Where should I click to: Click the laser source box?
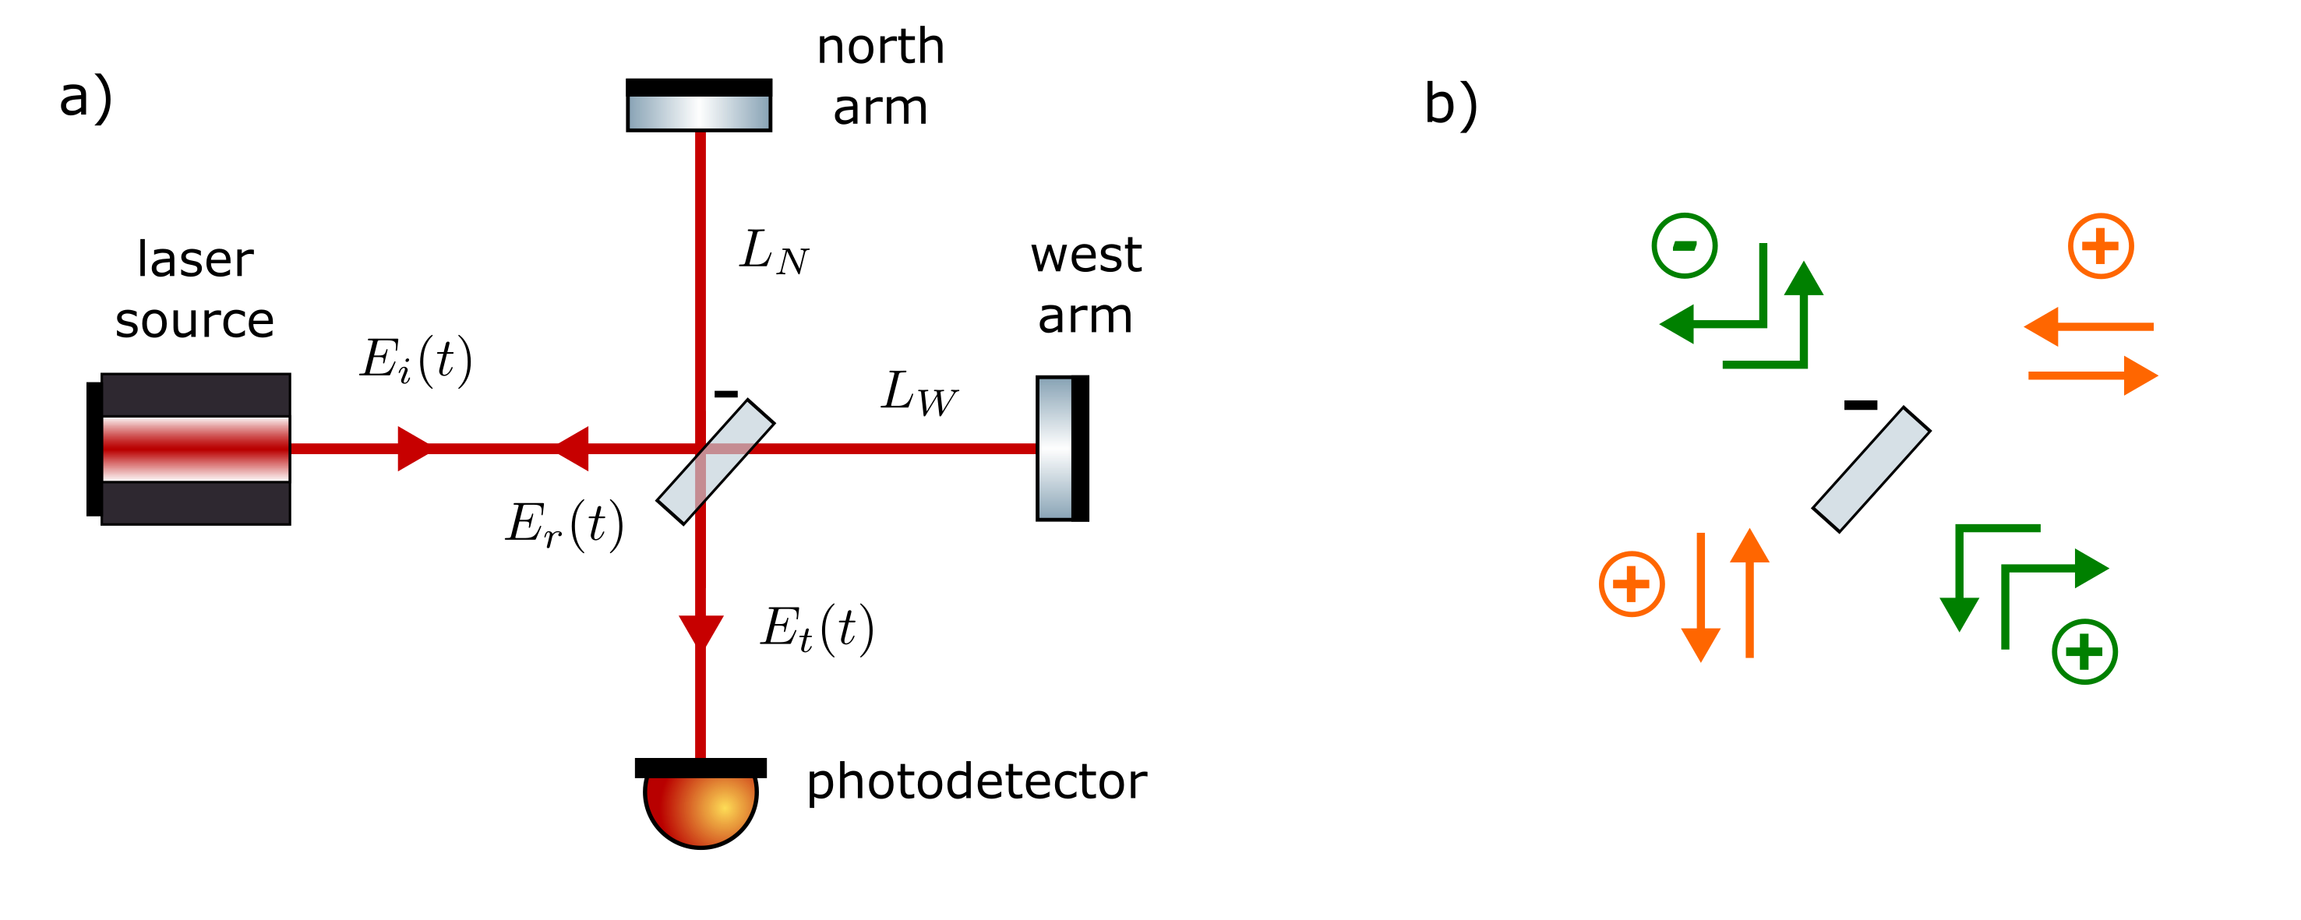point(196,449)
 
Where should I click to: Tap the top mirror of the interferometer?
point(698,112)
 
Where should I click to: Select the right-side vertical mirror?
point(1055,449)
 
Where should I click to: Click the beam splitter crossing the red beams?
point(715,462)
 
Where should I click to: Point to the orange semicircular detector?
point(701,808)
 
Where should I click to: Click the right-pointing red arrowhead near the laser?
point(414,449)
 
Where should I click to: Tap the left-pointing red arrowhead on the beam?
point(573,449)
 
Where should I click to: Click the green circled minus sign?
point(1684,245)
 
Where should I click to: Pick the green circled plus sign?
point(2085,652)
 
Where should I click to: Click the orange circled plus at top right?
point(2101,245)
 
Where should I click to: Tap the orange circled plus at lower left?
point(1631,584)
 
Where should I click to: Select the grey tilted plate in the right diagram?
point(1872,469)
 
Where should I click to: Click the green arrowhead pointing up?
point(1803,279)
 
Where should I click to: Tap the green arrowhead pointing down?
point(1959,615)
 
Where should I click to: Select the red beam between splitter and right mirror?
point(893,449)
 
